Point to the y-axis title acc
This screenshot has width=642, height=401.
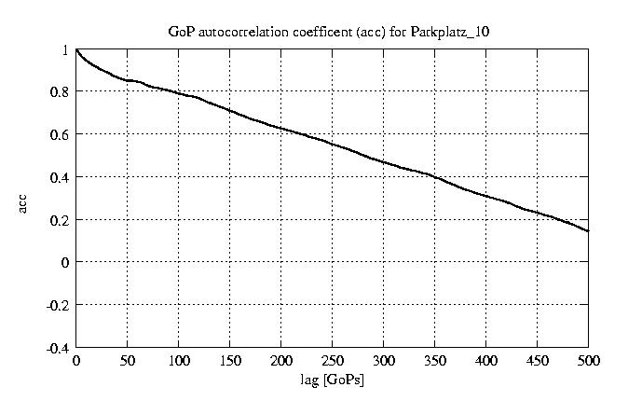tap(24, 201)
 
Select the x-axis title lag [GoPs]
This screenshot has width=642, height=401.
tap(332, 380)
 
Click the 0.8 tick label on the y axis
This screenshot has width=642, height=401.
tap(60, 92)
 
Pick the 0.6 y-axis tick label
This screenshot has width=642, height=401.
tap(60, 134)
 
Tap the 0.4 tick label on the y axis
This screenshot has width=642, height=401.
tap(60, 177)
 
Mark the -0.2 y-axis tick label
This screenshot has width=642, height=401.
tap(58, 305)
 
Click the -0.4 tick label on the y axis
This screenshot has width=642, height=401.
tap(58, 348)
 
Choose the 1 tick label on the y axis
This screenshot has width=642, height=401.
tap(65, 50)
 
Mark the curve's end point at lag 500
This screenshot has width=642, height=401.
tap(588, 230)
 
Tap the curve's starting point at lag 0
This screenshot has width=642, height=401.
tap(76, 50)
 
